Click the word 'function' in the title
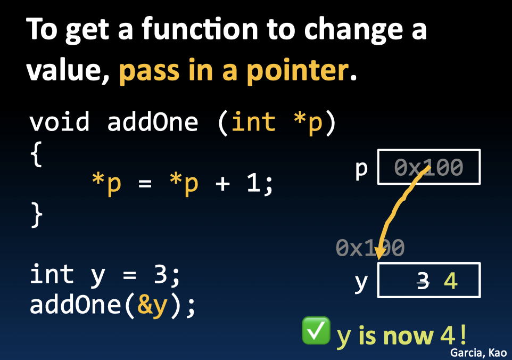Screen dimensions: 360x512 pyautogui.click(x=194, y=30)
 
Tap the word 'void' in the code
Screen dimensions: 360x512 pyautogui.click(x=59, y=122)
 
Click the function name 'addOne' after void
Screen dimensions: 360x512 pyautogui.click(x=153, y=122)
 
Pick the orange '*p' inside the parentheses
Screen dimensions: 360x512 pyautogui.click(x=307, y=122)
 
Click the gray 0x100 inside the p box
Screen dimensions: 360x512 pyautogui.click(x=429, y=168)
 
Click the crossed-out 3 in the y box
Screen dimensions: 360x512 pyautogui.click(x=423, y=281)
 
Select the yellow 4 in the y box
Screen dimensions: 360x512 pyautogui.click(x=450, y=281)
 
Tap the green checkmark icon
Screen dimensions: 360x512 pyautogui.click(x=316, y=331)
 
